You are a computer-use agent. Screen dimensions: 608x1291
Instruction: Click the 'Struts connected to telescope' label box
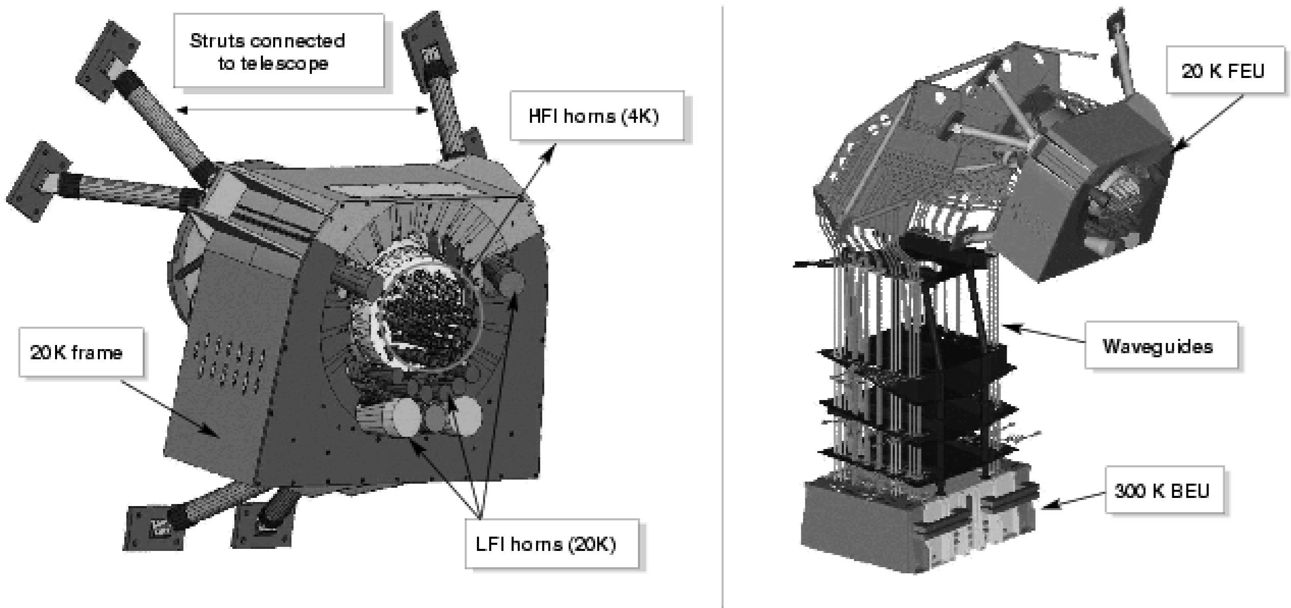(x=278, y=51)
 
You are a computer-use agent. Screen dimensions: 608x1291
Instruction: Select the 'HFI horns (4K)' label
(x=596, y=116)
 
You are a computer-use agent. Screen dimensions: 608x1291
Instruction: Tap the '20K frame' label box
(x=80, y=353)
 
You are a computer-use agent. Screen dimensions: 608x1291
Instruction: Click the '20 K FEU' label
(x=1225, y=70)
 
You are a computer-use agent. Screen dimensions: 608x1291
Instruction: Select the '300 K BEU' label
(x=1164, y=490)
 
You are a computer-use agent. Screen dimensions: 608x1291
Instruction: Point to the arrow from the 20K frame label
(x=171, y=407)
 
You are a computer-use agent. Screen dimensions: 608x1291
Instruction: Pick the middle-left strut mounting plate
(x=39, y=182)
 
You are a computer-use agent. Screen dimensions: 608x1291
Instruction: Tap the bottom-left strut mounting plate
(x=154, y=528)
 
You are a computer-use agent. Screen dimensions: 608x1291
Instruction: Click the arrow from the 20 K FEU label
(x=1207, y=122)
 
